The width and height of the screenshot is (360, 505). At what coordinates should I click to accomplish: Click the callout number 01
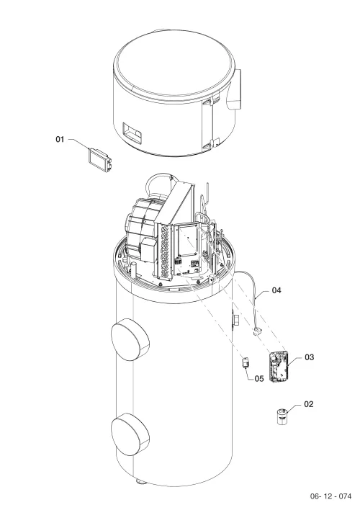[60, 140]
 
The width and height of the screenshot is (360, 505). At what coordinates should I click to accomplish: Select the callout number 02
[308, 404]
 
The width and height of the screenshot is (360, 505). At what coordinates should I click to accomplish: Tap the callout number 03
[309, 357]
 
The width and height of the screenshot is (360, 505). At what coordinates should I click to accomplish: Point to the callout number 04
[276, 290]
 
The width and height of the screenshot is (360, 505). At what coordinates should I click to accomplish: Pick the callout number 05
[259, 379]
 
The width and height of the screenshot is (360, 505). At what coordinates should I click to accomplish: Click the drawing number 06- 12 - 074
[330, 496]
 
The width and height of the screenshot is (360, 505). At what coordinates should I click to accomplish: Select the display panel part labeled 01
[100, 159]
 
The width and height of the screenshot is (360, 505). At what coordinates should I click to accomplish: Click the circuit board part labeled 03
[279, 367]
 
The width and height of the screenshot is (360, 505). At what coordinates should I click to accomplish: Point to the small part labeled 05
[246, 363]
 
